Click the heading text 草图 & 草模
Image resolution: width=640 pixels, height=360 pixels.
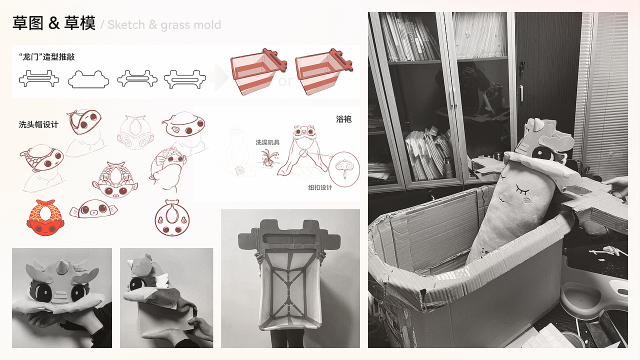(53, 23)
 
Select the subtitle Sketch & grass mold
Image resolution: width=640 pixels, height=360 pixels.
(164, 25)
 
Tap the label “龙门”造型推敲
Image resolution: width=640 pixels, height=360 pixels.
(47, 57)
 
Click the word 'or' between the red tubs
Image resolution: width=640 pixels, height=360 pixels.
(285, 81)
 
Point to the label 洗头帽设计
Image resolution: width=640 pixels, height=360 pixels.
(38, 124)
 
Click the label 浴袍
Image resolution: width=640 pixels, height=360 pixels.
(343, 119)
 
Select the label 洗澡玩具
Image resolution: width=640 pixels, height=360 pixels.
(267, 142)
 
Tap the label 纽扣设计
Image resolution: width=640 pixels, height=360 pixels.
(320, 187)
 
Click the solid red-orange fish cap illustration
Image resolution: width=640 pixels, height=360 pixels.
(45, 217)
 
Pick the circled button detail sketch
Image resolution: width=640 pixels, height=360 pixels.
(344, 169)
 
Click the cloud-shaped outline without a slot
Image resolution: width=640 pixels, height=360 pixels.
(88, 79)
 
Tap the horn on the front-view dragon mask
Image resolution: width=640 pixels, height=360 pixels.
(61, 266)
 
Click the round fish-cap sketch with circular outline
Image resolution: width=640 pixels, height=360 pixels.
(172, 218)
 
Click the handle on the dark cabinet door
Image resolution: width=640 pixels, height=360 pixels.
(521, 93)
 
